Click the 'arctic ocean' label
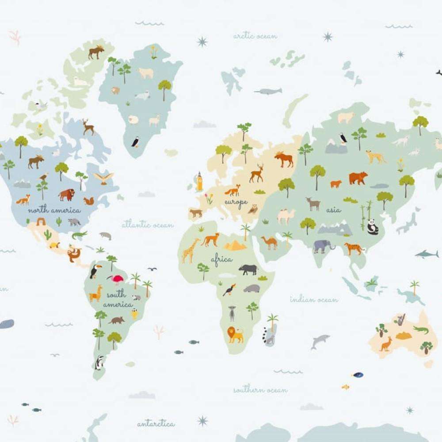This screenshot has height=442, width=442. coord(255,36)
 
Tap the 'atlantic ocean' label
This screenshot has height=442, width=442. coord(148,225)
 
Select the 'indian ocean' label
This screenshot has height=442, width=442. coord(314,300)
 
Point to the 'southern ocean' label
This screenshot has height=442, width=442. coord(260,390)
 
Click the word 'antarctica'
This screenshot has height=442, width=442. coord(156,424)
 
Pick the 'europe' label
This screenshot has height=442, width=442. coord(236,202)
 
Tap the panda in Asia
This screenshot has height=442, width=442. coord(373,227)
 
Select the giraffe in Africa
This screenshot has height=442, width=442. coord(191,250)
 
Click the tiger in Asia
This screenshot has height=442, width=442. coord(354,249)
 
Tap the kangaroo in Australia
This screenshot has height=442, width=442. coord(386,344)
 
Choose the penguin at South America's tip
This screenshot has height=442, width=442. coord(99,362)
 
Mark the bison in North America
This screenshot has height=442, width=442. coord(67,194)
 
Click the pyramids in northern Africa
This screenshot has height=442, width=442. coord(235,245)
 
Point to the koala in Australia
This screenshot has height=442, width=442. coord(401,320)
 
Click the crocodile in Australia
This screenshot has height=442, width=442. coord(421,330)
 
